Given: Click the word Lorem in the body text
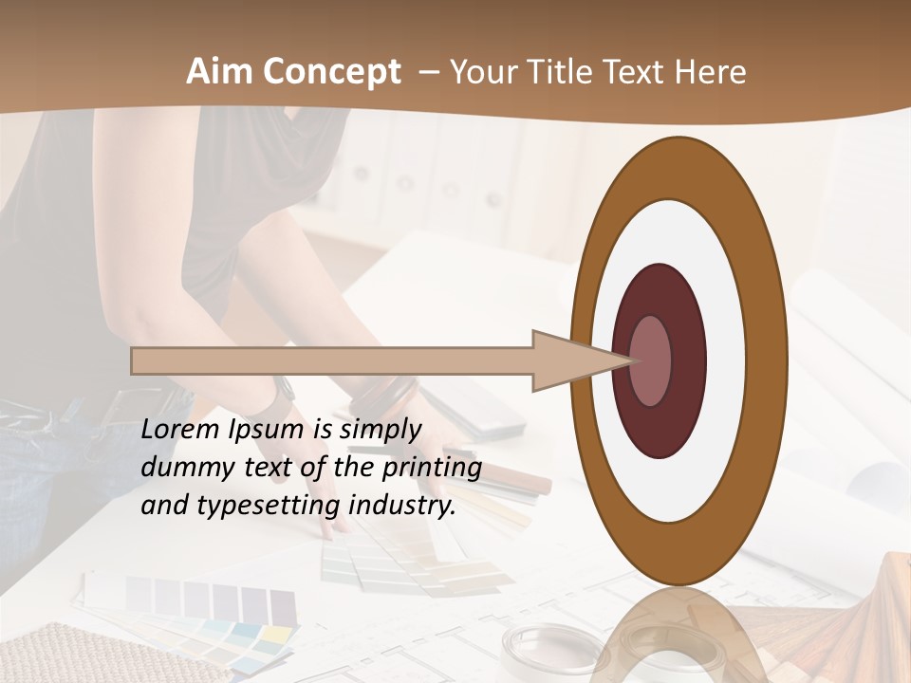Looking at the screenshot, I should (x=179, y=430).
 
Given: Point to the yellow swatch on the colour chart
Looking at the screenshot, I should (x=275, y=632).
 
